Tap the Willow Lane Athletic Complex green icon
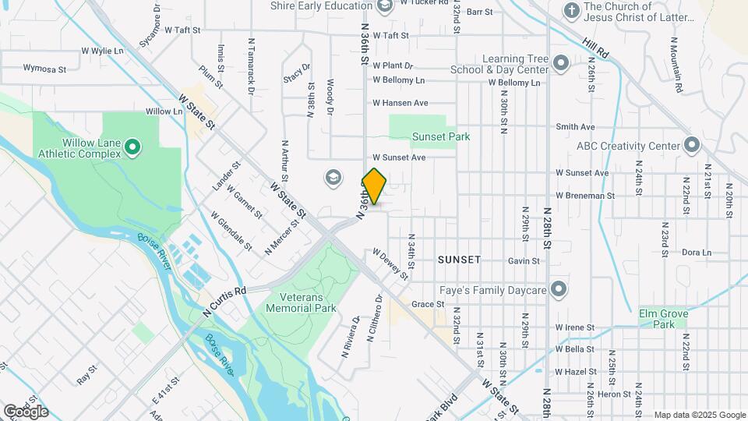[x=132, y=146]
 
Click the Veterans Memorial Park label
[x=301, y=302]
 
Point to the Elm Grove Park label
[x=663, y=318]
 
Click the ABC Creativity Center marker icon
[x=691, y=146]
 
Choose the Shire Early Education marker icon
[x=384, y=6]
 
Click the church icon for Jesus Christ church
[x=572, y=11]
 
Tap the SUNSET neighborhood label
[x=459, y=259]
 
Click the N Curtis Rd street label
[x=224, y=300]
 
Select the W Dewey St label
[x=390, y=264]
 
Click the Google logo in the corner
[x=26, y=411]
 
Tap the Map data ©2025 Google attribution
[x=699, y=415]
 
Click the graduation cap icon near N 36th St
[x=333, y=179]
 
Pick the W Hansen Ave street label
[x=400, y=103]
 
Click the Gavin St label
[x=524, y=261]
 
